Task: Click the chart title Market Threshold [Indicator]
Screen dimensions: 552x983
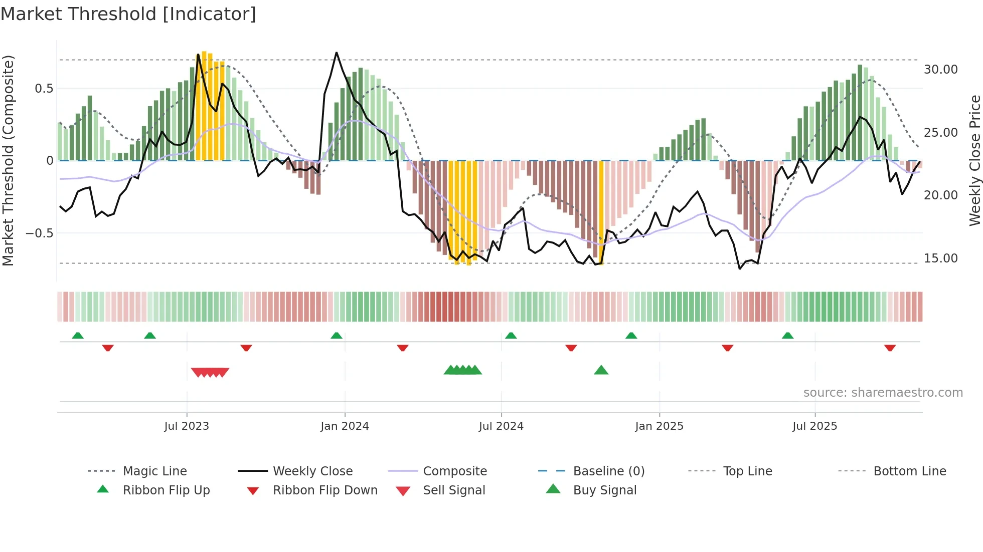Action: click(x=128, y=14)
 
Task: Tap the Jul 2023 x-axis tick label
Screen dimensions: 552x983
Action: click(x=187, y=426)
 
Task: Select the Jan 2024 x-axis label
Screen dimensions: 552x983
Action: click(x=345, y=426)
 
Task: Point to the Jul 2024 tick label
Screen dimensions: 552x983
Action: click(x=501, y=426)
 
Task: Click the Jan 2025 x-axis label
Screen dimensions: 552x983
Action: click(x=659, y=426)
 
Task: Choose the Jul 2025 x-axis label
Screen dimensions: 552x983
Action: click(x=815, y=426)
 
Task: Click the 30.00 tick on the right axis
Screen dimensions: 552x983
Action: click(x=940, y=70)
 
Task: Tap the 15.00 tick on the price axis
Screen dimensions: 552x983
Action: click(x=940, y=258)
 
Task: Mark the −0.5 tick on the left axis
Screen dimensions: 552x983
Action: click(x=39, y=233)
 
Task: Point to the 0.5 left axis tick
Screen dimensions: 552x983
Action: click(x=44, y=89)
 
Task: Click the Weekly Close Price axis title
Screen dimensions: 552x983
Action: click(x=974, y=160)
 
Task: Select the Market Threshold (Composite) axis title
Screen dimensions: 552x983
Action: click(x=8, y=160)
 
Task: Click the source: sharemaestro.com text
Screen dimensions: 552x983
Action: click(x=883, y=393)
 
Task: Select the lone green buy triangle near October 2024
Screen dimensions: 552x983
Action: click(x=601, y=371)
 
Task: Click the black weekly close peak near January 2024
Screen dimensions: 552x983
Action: click(x=337, y=53)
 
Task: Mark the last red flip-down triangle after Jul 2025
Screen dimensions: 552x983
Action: click(x=890, y=348)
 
